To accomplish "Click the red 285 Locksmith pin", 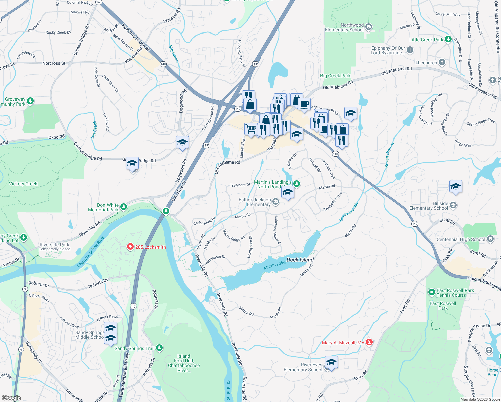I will pos(130,247).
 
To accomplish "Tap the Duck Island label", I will pos(300,260).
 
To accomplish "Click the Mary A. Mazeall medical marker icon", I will pos(369,342).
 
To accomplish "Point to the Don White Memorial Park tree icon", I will pos(124,207).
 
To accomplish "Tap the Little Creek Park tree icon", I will pos(448,39).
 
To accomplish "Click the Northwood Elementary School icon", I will pos(369,27).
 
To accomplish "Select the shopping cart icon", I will pos(251,129).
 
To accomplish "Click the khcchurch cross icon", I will pos(442,62).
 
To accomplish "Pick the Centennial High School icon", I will pos(490,239).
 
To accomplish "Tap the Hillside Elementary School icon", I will pos(453,205).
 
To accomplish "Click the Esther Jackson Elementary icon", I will pos(275,202).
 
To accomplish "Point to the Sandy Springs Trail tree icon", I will pos(159,348).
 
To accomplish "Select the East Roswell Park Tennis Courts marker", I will pos(432,292).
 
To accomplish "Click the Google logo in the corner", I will pos(11,398).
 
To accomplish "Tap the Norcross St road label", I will pos(54,63).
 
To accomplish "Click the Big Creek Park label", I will pos(335,76).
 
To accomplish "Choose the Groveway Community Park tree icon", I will pos(30,101).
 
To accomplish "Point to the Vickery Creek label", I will pos(23,184).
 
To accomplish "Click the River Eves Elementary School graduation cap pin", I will pos(331,362).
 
